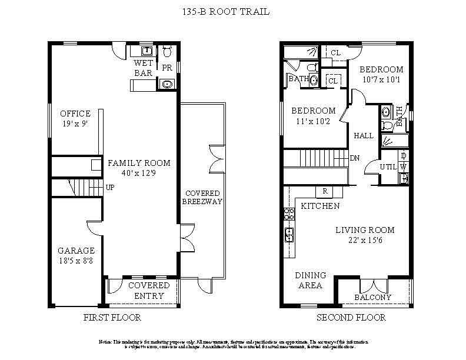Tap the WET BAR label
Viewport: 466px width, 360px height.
[x=144, y=68]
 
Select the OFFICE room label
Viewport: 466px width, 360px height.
[x=75, y=114]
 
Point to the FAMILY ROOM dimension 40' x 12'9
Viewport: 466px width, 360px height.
[x=138, y=174]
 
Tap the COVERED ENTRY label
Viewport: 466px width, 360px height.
[x=149, y=290]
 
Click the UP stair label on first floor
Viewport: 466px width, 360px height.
[x=109, y=188]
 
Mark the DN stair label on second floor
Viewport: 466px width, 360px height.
[x=355, y=158]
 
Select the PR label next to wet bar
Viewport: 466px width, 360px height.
[x=167, y=68]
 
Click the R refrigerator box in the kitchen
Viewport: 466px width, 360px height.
[x=324, y=192]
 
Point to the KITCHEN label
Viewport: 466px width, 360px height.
[x=320, y=206]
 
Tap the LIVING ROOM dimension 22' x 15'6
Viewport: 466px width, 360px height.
[x=365, y=241]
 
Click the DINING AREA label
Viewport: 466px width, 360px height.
[x=309, y=280]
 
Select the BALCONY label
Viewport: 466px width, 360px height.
[x=373, y=297]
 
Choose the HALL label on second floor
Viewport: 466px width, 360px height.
[x=364, y=135]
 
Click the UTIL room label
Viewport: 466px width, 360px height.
[x=388, y=167]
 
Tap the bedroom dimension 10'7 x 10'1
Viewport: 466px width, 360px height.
[x=381, y=80]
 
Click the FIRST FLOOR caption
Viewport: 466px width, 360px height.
[x=113, y=318]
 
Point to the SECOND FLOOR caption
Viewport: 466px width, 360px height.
[x=351, y=318]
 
